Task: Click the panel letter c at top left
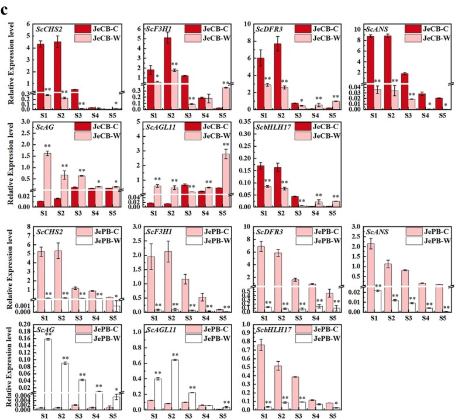coord(7,7)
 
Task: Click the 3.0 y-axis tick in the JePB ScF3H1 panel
coord(138,227)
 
